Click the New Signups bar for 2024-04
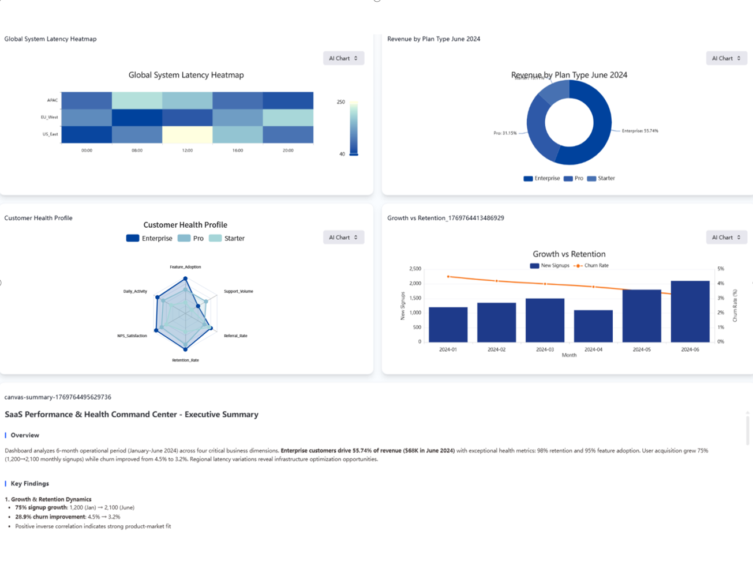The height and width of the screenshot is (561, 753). coord(593,326)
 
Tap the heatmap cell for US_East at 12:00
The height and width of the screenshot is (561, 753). coord(187,134)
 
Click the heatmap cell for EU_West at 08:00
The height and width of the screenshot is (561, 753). coord(137,117)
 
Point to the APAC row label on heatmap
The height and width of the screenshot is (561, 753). coord(53,100)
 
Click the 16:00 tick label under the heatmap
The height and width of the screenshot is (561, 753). coord(238,150)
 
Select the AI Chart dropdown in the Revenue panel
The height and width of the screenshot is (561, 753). coord(726,58)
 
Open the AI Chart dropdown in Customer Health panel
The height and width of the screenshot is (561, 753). coord(343,238)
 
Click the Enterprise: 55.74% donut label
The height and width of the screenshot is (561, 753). coord(639,131)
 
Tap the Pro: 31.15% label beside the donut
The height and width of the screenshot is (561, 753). coord(505,133)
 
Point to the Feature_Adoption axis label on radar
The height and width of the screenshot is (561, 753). coord(185,267)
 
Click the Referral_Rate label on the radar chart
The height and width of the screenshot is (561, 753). coord(235,336)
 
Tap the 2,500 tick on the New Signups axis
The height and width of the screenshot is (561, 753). coord(415,269)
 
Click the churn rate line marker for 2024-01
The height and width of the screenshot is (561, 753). coord(448,277)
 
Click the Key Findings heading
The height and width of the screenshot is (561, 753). coord(29,484)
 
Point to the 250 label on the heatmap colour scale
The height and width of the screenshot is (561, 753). coord(340,102)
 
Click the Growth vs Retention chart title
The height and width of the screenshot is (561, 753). coord(569,254)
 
